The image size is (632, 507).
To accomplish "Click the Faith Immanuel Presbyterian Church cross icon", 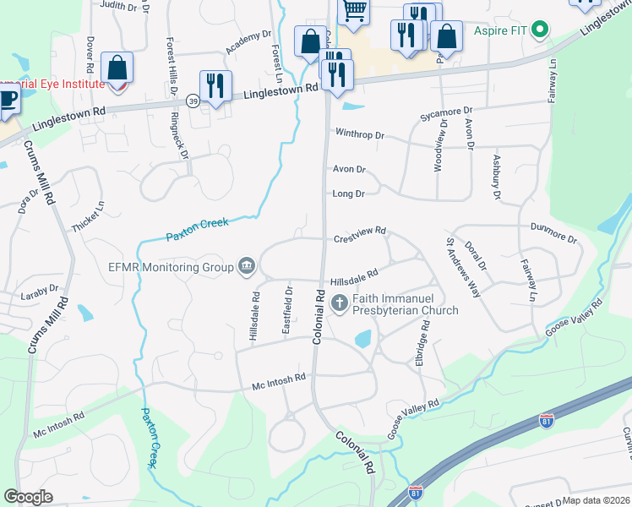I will (339, 303).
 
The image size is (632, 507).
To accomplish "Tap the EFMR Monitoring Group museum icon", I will (247, 267).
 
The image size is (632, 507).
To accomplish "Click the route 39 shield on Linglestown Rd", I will (193, 101).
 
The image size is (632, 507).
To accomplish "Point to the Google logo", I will (29, 497).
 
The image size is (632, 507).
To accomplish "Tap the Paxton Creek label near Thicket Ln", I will (197, 228).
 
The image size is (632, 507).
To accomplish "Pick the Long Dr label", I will (348, 194).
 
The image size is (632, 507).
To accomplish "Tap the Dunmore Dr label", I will (553, 232).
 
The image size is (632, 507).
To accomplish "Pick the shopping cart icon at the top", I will (354, 11).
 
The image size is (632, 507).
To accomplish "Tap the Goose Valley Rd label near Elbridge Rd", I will (414, 419).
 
